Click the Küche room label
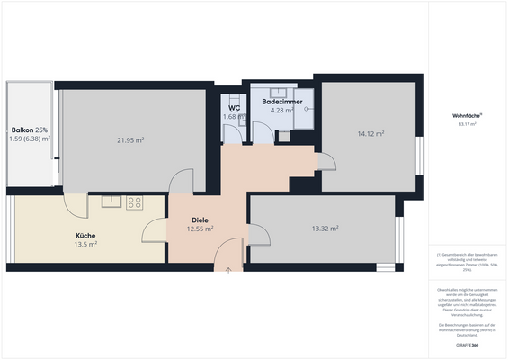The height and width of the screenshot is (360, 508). [86, 235]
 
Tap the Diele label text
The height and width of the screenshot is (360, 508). [200, 220]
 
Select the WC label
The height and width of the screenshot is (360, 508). [234, 108]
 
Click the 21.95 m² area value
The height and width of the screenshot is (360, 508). [130, 140]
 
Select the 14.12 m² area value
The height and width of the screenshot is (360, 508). [370, 133]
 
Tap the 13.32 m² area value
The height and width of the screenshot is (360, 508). [324, 229]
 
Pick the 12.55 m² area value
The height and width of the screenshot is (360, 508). [200, 229]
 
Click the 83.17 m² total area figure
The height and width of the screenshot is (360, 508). [468, 125]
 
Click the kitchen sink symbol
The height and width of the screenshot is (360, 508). [111, 202]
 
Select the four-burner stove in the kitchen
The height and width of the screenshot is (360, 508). [135, 202]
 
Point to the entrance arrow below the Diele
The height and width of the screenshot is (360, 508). [228, 268]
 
